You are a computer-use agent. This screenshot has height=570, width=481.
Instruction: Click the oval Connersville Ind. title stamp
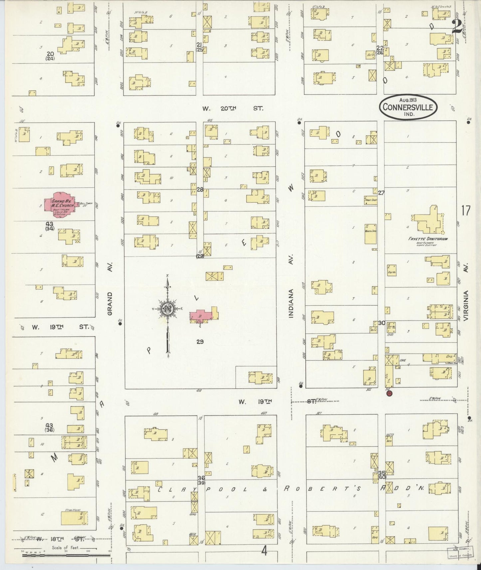point(408,107)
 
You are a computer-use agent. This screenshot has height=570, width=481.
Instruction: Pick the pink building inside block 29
point(201,315)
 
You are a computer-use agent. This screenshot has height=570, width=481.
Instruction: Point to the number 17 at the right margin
point(465,211)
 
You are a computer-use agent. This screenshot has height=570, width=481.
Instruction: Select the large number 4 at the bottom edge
point(264,551)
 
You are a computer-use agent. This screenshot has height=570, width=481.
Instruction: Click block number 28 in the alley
point(200,190)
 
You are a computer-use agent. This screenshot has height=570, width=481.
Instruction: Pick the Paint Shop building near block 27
point(370,200)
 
